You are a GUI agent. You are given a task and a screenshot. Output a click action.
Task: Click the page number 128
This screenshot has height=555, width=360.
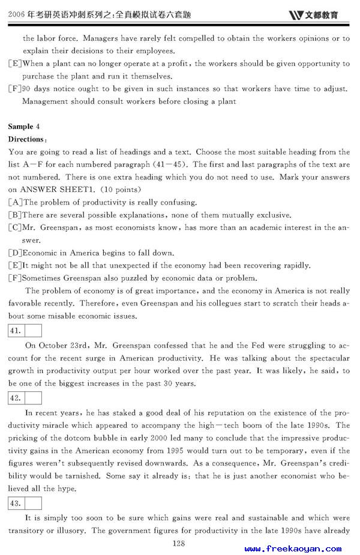pos(178,544)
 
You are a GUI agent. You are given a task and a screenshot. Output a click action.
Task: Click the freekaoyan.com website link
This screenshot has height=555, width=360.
pos(293,548)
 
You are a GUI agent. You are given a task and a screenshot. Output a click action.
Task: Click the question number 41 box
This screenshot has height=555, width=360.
pos(16,330)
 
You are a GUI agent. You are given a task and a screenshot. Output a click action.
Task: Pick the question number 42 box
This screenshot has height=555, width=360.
pos(16,398)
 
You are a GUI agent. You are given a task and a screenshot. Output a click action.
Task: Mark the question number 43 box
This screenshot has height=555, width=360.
pos(16,503)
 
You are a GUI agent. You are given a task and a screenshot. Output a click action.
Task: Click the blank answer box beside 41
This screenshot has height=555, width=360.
pos(33,330)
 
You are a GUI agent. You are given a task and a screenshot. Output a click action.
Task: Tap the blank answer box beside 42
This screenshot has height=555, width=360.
pos(33,398)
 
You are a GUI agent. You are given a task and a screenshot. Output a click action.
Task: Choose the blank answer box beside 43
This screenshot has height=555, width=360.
pos(33,503)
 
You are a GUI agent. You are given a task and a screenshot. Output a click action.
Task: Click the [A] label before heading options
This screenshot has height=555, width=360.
pos(16,202)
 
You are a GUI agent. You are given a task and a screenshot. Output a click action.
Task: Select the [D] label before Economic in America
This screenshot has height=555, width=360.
pos(16,253)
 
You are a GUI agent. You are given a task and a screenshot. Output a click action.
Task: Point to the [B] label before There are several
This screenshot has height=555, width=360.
pos(16,215)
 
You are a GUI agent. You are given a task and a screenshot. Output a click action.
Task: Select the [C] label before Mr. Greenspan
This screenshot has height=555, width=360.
pos(16,227)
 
